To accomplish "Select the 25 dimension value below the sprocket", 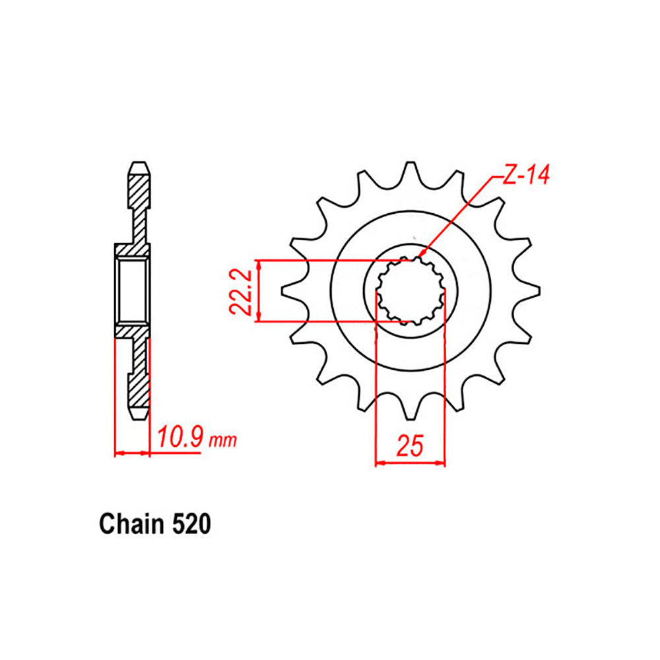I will point(409,447).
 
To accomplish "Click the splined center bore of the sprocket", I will point(410,290).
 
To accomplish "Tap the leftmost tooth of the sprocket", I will point(289,290).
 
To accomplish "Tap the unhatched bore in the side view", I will point(133,291).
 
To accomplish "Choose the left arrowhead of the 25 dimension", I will point(379,463).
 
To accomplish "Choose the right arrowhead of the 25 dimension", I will point(442,463).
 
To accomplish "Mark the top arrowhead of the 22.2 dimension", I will point(261,263).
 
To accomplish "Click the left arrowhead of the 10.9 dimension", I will point(119,453).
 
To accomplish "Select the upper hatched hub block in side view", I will point(133,251).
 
